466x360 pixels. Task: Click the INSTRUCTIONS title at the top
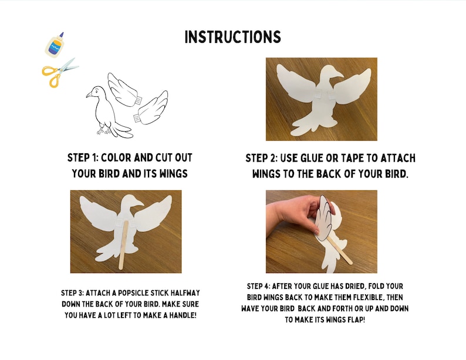[232, 37]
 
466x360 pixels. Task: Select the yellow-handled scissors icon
[59, 72]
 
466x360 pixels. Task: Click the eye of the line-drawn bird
[96, 92]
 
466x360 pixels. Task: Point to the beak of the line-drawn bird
[88, 95]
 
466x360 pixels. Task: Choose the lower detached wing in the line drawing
[151, 107]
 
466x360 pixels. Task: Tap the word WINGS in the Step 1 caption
[174, 174]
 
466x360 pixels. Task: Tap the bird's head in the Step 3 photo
[133, 203]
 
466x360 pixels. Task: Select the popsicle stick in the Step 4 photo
[339, 249]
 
